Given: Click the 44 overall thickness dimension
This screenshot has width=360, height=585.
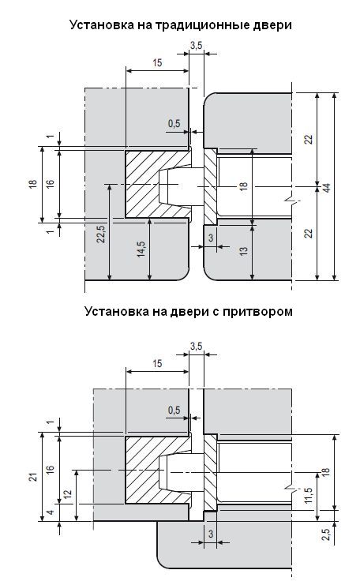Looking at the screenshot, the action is point(327,187).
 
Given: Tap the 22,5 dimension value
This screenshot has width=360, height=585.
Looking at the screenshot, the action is point(101,234).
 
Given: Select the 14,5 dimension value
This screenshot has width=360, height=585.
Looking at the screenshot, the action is point(141,249).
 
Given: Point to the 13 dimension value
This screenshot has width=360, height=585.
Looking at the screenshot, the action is point(244,251).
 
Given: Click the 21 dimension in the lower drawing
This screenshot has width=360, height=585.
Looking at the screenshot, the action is point(34,476).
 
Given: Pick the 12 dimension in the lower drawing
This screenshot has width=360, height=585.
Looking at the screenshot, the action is point(67,494).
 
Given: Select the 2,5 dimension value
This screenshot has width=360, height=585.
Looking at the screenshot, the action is point(327,534).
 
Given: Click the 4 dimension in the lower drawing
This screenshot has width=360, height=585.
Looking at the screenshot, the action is point(51,512).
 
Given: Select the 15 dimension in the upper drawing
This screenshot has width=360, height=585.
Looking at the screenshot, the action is point(157,62).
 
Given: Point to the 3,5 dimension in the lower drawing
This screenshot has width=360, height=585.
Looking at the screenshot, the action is point(196,347).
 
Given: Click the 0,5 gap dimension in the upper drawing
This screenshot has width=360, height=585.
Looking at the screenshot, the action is point(174,123).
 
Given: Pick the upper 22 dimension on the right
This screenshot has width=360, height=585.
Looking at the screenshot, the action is point(308,140).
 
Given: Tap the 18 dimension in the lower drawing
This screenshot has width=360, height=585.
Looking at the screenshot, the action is point(326,471).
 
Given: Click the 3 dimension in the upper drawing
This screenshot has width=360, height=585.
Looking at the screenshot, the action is point(211,238).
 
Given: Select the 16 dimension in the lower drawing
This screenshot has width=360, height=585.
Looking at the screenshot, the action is point(51,468).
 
